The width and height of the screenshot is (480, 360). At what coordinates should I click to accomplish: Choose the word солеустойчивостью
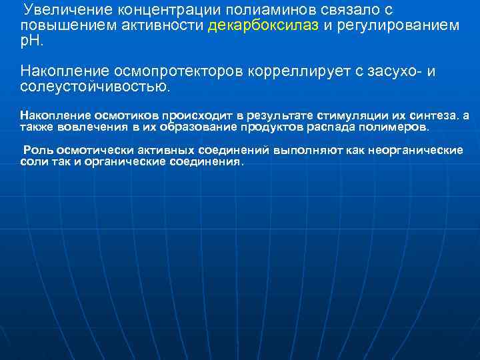pos(95,87)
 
